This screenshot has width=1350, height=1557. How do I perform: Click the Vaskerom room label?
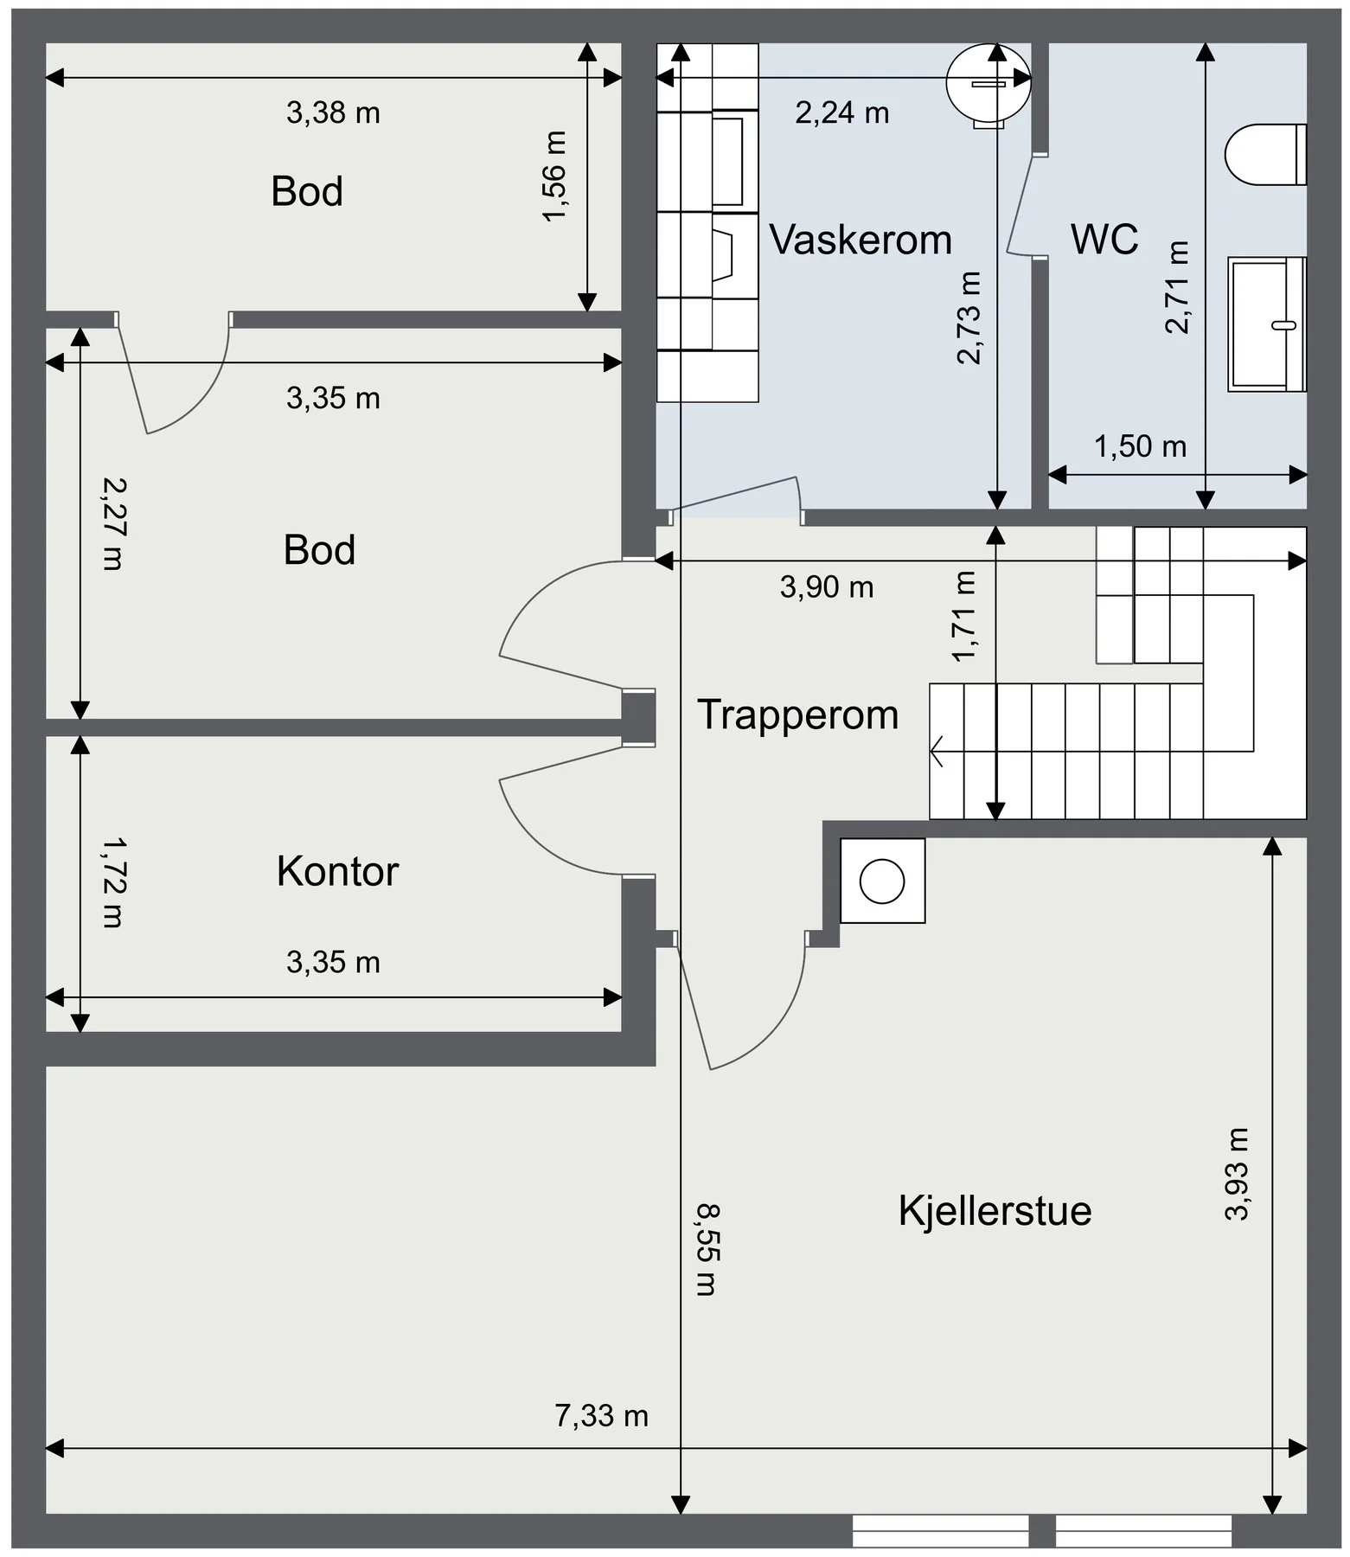861,240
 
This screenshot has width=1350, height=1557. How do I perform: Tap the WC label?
1104,240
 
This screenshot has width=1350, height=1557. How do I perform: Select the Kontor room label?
337,871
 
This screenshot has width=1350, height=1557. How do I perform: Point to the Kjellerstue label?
995,1210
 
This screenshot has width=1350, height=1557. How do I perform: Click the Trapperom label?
798,715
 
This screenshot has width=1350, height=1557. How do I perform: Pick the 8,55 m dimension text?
707,1250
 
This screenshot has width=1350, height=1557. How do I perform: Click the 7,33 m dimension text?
601,1416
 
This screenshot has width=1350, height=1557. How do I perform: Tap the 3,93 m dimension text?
1238,1174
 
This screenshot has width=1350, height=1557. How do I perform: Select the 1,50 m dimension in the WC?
1140,446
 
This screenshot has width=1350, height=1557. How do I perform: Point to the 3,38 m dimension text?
333,112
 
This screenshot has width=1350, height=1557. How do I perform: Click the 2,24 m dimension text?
841,112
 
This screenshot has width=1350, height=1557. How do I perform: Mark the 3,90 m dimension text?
827,587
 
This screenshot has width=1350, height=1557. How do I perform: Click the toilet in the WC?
1265,154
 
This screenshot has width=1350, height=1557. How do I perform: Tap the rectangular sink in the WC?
1267,324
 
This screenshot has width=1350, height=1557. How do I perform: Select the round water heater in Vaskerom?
989,84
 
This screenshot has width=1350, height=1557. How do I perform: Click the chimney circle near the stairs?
882,881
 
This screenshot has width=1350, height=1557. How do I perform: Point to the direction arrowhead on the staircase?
936,751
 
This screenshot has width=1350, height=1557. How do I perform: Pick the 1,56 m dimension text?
554,176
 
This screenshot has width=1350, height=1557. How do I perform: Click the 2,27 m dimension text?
112,523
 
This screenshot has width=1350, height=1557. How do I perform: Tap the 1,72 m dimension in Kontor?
112,882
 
